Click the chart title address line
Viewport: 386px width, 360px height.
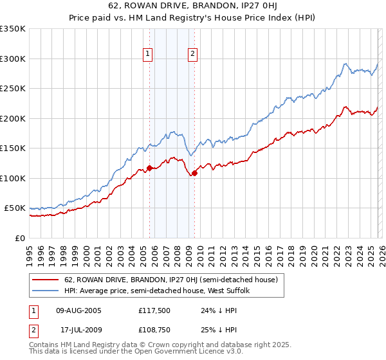[x=193, y=6]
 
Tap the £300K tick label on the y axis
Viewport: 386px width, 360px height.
[x=13, y=59]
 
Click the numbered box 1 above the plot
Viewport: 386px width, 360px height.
[x=149, y=55]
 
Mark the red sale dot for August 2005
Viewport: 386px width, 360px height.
[x=149, y=168]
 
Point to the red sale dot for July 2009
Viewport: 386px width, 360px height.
[x=194, y=172]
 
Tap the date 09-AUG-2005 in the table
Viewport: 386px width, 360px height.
[x=79, y=310]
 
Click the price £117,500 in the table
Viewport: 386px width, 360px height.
[x=153, y=310]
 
